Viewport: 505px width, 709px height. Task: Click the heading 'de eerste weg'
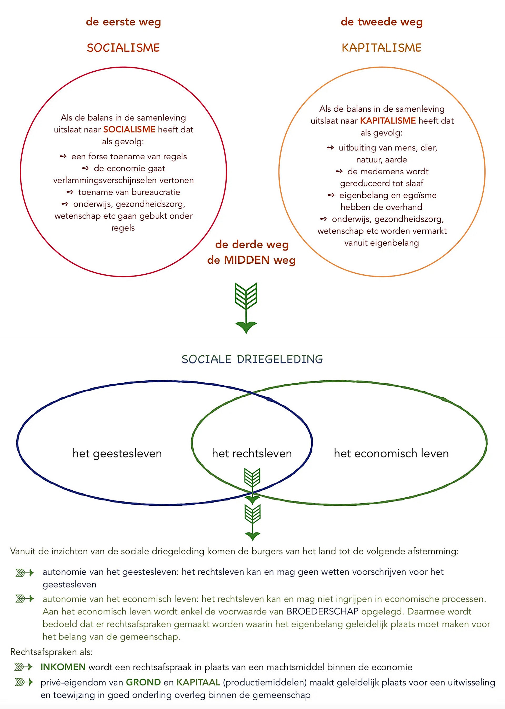click(x=123, y=22)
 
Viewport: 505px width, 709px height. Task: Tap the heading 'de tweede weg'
click(x=382, y=22)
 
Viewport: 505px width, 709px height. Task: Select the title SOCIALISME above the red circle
click(x=123, y=48)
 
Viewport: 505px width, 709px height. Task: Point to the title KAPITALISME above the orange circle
click(x=382, y=48)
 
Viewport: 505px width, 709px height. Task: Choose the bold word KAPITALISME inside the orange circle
click(x=388, y=121)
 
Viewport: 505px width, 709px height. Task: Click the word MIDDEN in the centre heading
click(x=247, y=260)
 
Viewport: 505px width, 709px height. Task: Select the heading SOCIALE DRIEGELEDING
click(x=252, y=359)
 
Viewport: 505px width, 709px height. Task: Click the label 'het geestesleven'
click(x=117, y=454)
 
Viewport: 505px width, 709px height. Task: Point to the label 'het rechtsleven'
click(x=252, y=454)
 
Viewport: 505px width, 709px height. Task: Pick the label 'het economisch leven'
click(x=391, y=454)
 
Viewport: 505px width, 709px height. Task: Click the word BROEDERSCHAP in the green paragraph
click(x=322, y=611)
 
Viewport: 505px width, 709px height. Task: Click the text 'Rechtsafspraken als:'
click(x=52, y=652)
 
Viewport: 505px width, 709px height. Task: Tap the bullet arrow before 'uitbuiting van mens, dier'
click(x=330, y=147)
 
